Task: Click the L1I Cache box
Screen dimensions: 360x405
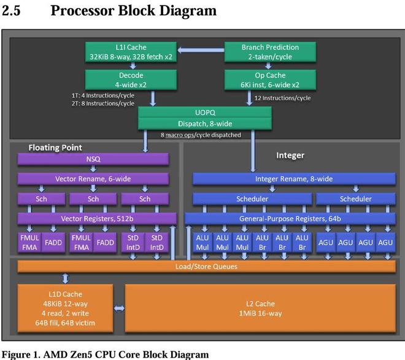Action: pos(129,52)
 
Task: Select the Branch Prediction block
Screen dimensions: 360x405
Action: pos(270,52)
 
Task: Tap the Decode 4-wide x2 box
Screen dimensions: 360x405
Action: pos(129,79)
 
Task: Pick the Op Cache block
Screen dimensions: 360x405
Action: pos(270,79)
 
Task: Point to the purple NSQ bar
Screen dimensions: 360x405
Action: pos(92,158)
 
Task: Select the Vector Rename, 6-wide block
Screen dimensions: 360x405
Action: pos(92,179)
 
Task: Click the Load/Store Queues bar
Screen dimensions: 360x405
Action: pos(206,266)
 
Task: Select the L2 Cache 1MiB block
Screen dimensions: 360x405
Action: pos(260,309)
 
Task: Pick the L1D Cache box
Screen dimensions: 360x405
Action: pos(64,309)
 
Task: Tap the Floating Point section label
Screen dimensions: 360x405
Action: pos(55,147)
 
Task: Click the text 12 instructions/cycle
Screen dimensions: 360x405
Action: pos(283,98)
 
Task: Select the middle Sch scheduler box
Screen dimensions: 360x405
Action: pos(92,198)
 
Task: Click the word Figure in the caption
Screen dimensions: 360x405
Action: pos(17,354)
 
